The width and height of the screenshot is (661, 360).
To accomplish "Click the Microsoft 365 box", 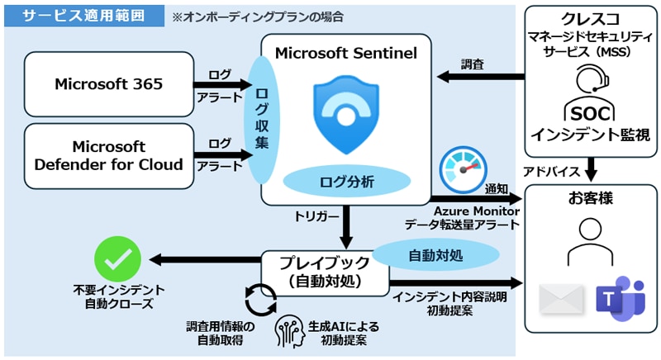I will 107,83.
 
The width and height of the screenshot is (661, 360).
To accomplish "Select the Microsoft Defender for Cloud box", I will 107,154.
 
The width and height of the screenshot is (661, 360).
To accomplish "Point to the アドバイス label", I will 553,171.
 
